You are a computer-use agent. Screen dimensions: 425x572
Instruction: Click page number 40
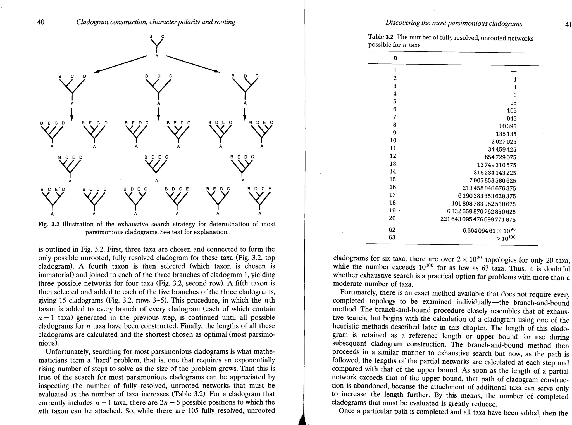tap(41, 22)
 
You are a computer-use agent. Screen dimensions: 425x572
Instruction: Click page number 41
tap(568, 25)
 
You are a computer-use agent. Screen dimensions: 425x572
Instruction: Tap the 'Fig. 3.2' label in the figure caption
tap(49, 224)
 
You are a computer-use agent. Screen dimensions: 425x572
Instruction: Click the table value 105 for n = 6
tap(512, 111)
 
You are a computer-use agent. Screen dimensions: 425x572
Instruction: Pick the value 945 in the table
tap(512, 119)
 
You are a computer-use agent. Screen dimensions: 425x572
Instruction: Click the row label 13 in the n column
tap(393, 164)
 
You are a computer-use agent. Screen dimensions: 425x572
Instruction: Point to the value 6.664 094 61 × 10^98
tap(489, 230)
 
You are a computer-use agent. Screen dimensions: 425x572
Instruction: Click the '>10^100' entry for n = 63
tap(505, 238)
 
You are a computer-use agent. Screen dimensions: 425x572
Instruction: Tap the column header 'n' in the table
tap(395, 58)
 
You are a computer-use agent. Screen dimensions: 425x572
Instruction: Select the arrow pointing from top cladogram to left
tap(120, 64)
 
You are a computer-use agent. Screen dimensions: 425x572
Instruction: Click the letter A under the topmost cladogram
tap(157, 56)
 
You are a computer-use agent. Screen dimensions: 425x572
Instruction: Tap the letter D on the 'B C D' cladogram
tap(85, 76)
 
